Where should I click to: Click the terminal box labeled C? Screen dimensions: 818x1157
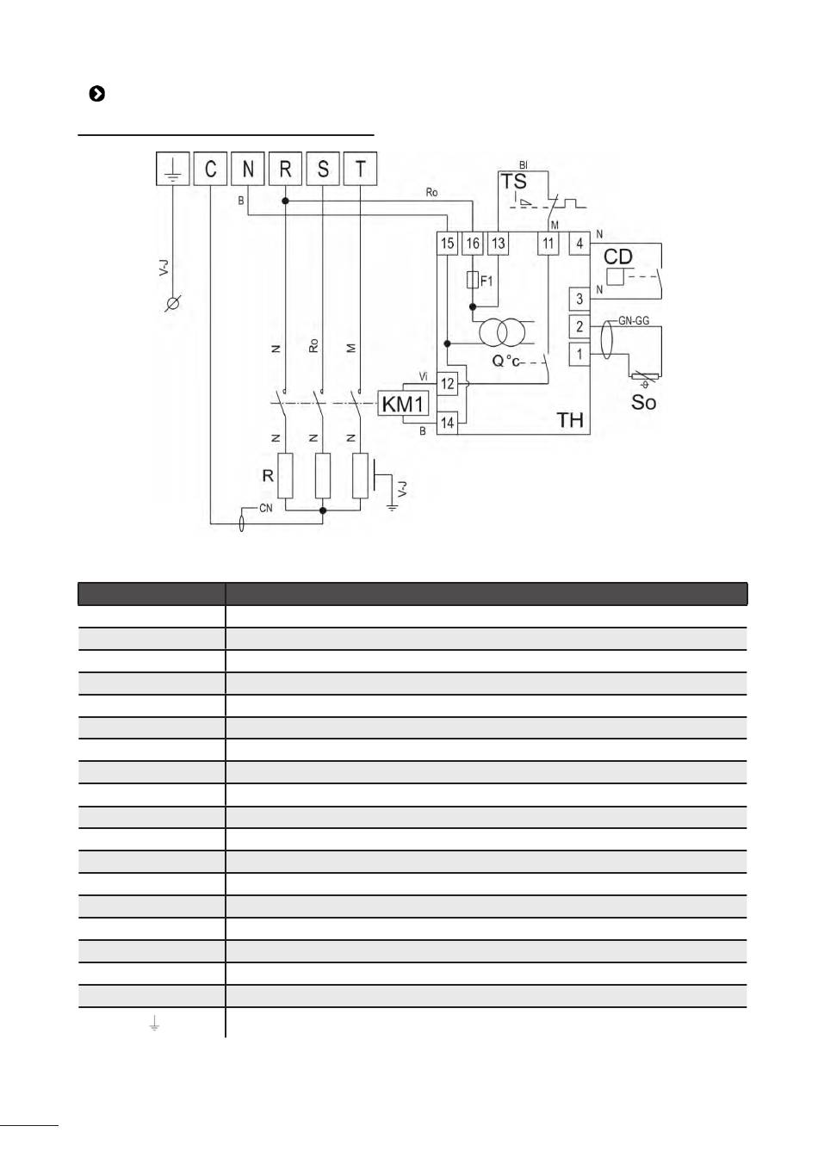pos(210,169)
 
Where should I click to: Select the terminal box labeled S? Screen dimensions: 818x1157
pos(323,169)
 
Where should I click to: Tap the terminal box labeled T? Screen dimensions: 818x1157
pos(360,169)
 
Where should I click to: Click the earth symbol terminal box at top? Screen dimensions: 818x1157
pos(172,169)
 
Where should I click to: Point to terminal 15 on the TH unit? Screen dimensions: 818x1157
pos(447,244)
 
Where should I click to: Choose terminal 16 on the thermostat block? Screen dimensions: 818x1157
pos(473,244)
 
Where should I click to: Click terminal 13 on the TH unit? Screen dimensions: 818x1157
pos(499,244)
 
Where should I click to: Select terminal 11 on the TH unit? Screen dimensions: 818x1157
pos(548,244)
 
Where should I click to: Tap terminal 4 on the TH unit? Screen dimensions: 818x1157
pos(579,244)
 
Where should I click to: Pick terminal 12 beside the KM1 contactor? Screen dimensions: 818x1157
pos(448,384)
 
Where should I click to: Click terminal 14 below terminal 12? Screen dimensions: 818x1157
pos(448,423)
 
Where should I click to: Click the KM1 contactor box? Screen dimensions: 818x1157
pos(404,404)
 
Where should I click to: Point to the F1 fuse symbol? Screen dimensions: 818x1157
pos(473,280)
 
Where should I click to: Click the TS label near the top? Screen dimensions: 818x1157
pos(514,182)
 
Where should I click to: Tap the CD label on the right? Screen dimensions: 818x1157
pos(618,257)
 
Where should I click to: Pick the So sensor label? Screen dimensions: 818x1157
pos(643,402)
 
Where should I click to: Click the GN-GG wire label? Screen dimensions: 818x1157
pos(634,321)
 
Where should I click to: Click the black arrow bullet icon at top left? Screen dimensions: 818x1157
pos(96,94)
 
